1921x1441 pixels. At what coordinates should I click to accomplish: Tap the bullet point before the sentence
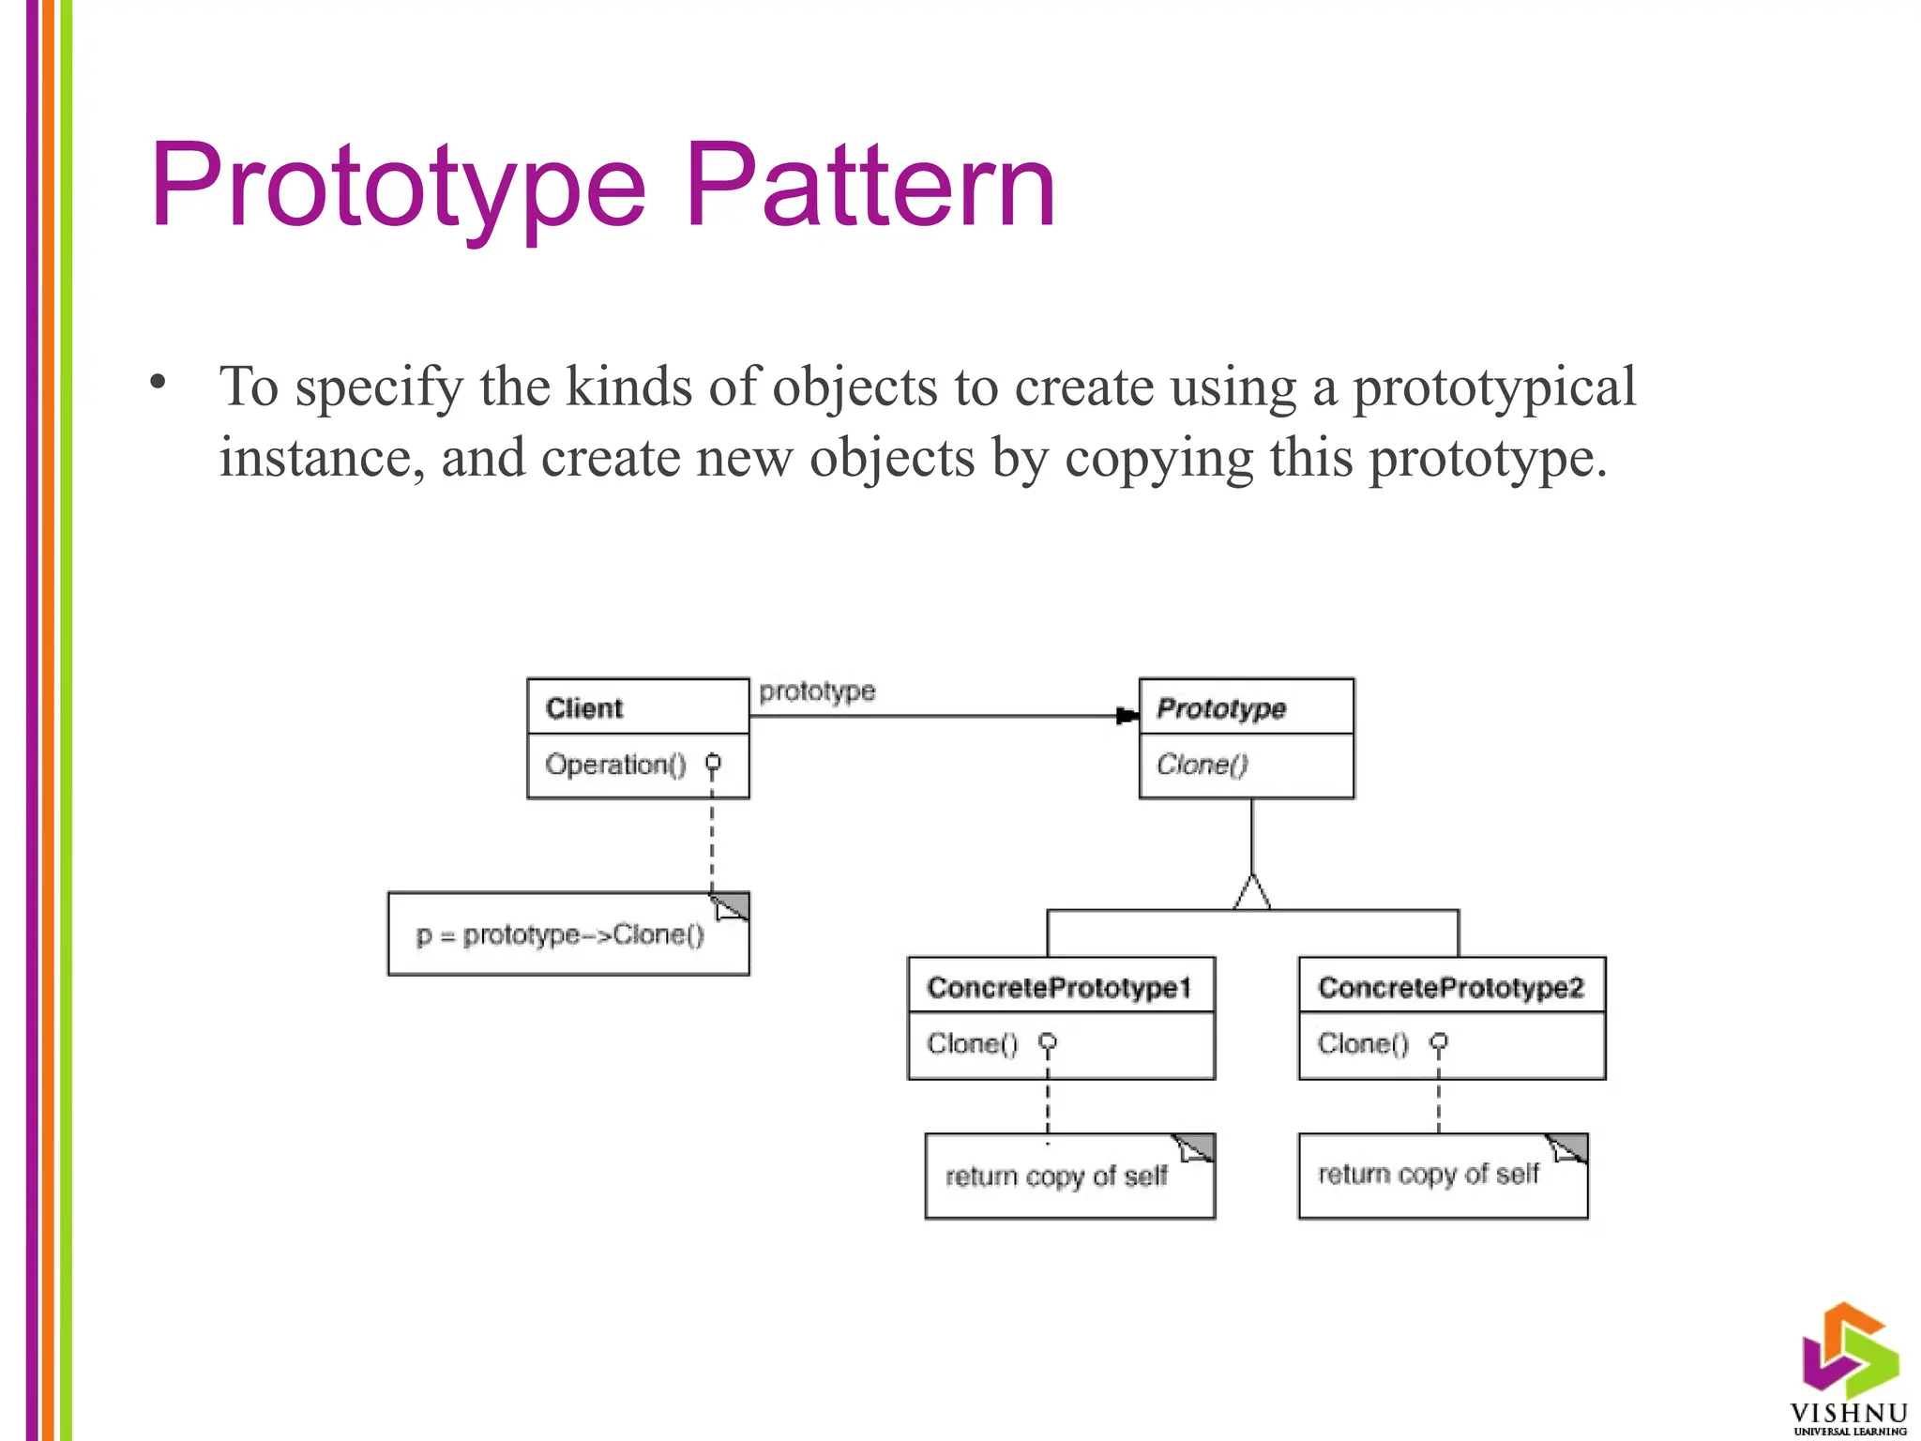click(x=158, y=382)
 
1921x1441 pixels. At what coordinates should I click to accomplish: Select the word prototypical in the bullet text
click(x=1493, y=387)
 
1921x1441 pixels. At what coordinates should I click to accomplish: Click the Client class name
click(x=583, y=708)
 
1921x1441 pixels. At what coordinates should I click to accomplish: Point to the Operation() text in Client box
click(x=615, y=765)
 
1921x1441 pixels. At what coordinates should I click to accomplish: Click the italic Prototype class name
click(x=1220, y=708)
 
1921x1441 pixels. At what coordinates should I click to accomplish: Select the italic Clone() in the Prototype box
click(x=1202, y=765)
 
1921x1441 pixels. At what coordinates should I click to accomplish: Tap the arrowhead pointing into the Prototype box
click(x=1127, y=716)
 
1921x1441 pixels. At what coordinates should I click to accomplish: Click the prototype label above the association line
click(x=817, y=691)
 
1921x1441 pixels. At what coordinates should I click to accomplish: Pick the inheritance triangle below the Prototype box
click(x=1252, y=892)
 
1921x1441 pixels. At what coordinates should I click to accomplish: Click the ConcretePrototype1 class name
click(x=1059, y=988)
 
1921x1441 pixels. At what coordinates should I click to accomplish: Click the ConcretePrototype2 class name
click(x=1450, y=988)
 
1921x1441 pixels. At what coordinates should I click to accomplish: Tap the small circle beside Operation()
click(x=713, y=762)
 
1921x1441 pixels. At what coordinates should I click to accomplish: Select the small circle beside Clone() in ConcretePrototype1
click(x=1048, y=1041)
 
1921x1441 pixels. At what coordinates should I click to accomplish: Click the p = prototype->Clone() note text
click(x=560, y=935)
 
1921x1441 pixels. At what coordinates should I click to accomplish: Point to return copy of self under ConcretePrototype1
click(x=1056, y=1176)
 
